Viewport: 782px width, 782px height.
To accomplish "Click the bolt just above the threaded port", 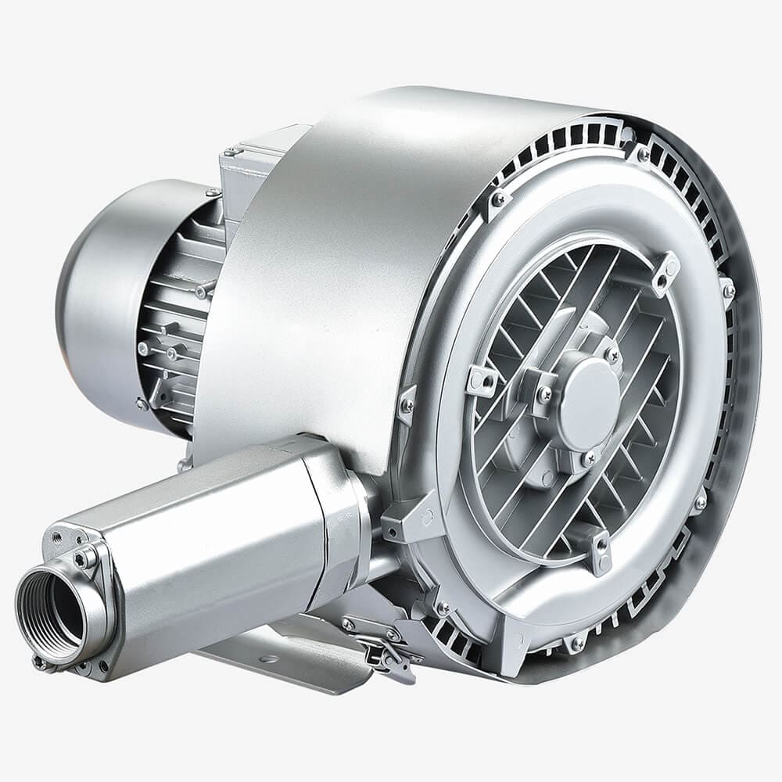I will (81, 558).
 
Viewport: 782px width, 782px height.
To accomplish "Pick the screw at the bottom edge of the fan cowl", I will (142, 404).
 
